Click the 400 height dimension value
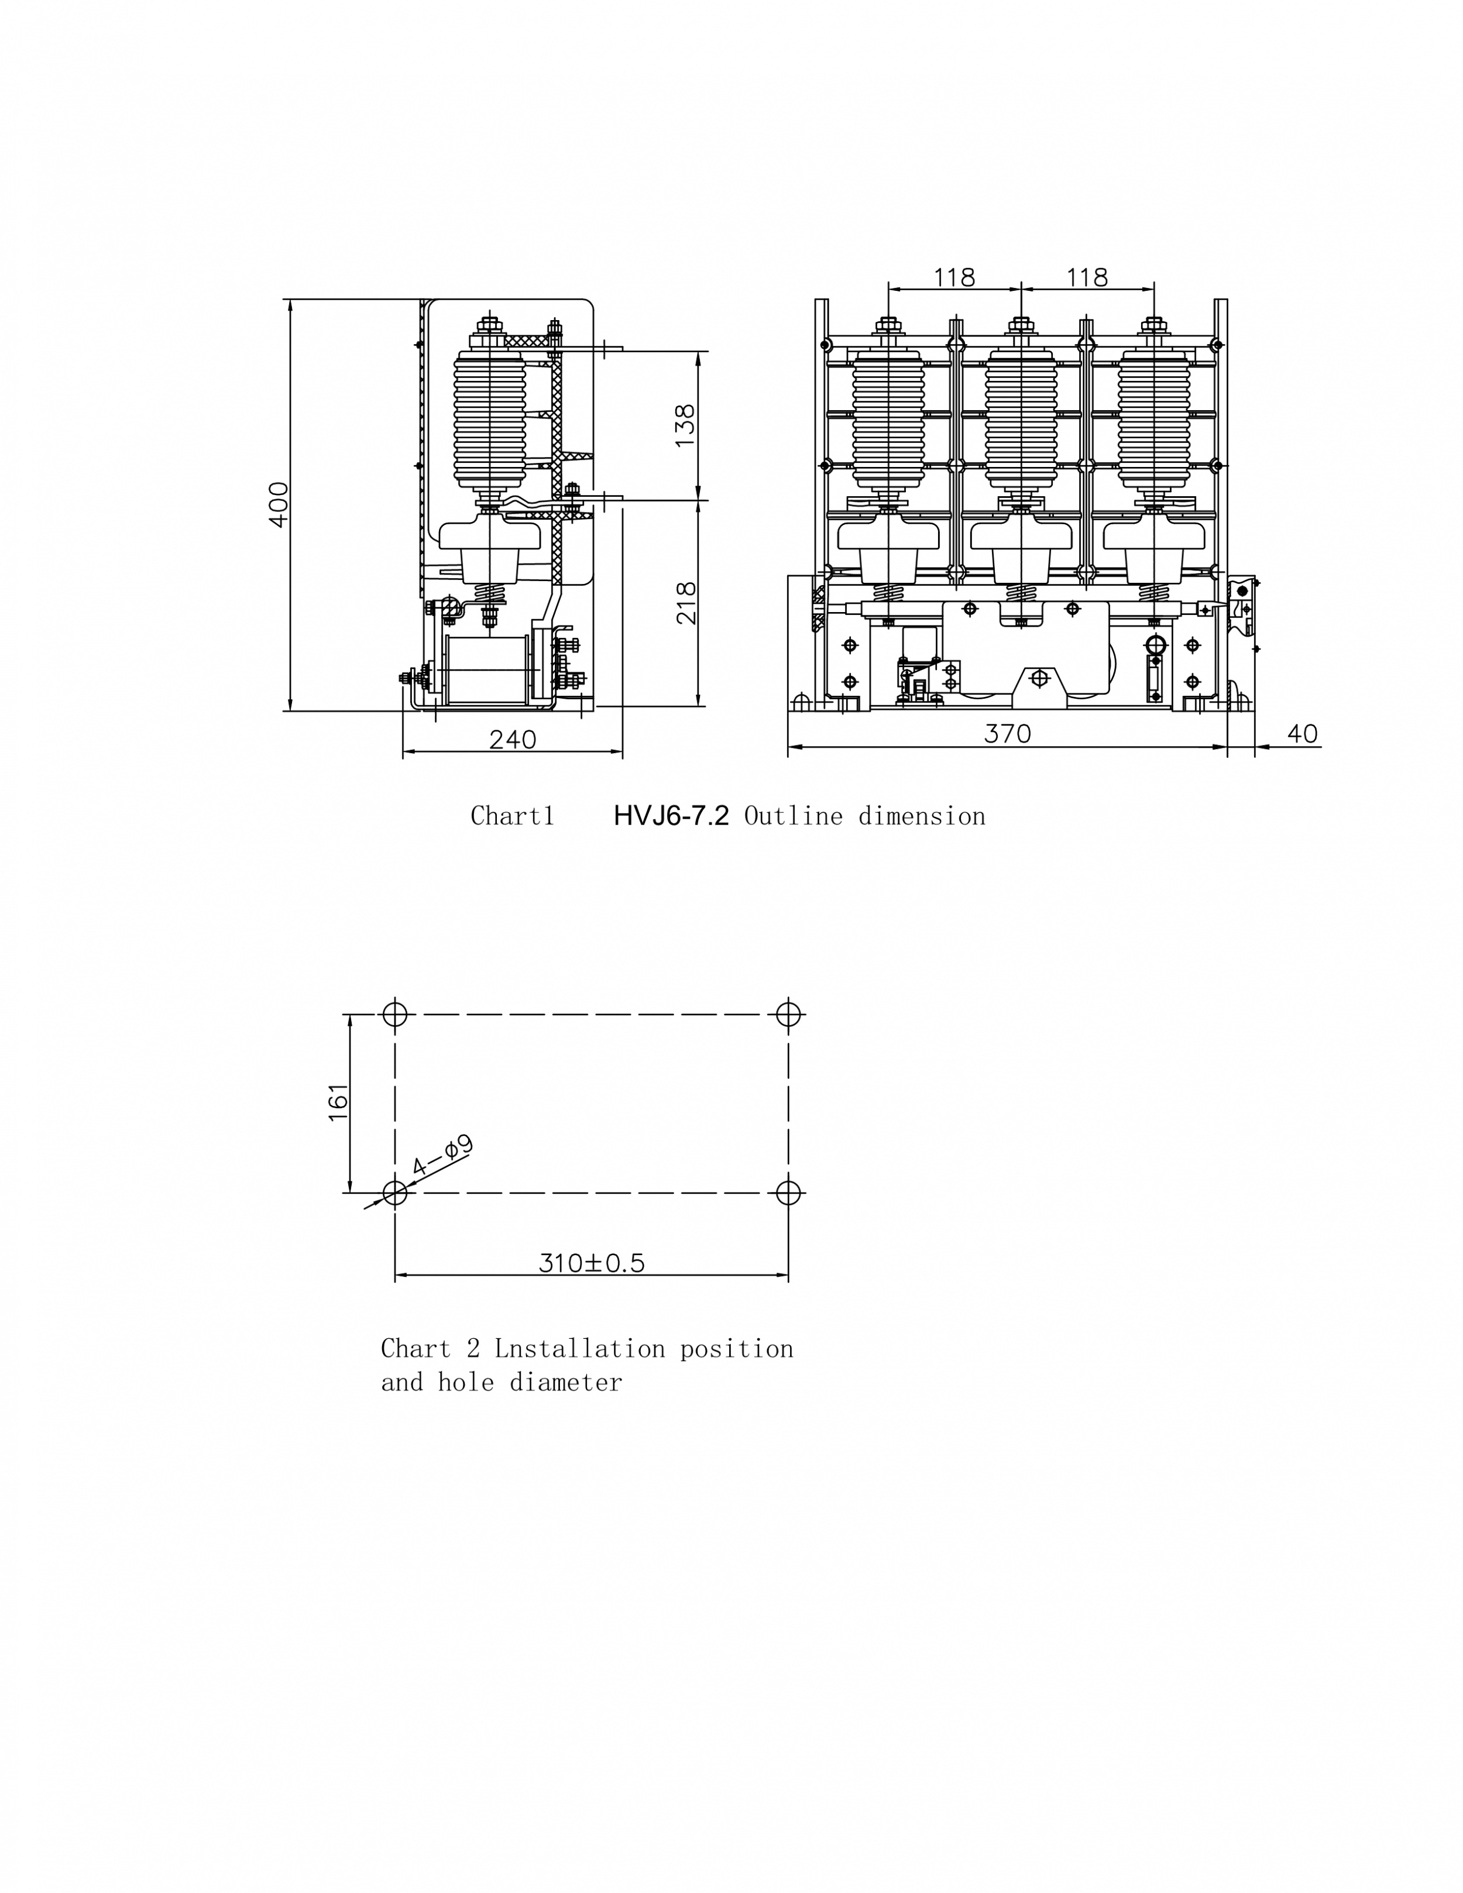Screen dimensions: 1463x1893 tap(278, 504)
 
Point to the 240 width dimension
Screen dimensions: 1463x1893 tap(513, 739)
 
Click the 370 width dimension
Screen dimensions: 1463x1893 tap(1007, 734)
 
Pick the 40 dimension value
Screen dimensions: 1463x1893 tap(1302, 734)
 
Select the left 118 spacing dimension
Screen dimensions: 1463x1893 tap(954, 277)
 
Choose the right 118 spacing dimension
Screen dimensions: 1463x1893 tap(1087, 277)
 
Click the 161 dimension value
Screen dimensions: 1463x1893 tap(338, 1102)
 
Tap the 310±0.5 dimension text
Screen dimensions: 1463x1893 tap(592, 1263)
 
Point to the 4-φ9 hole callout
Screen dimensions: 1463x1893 tap(441, 1156)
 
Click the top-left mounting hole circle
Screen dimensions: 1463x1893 tap(395, 1014)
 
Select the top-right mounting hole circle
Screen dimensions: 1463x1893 tap(788, 1014)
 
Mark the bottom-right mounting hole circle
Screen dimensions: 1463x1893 tap(788, 1193)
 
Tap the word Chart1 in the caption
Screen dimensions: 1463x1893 tap(512, 816)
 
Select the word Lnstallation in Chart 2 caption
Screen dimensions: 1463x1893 tap(580, 1349)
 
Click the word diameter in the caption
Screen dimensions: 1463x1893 tap(565, 1382)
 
